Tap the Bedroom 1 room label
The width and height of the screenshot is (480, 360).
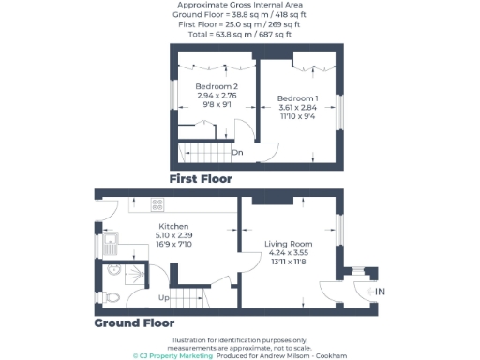(x=298, y=98)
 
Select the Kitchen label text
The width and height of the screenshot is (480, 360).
(x=173, y=227)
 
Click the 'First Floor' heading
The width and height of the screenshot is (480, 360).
(x=200, y=178)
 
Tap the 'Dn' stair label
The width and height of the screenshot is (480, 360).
(x=239, y=151)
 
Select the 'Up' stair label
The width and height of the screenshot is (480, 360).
(x=163, y=298)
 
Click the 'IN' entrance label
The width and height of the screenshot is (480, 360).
(x=381, y=292)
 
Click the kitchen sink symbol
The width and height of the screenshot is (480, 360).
(x=111, y=247)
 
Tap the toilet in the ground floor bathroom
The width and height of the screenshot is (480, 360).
(x=112, y=296)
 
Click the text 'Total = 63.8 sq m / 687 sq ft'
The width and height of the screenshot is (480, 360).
(x=239, y=34)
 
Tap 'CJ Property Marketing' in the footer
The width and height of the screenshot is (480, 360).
(x=175, y=356)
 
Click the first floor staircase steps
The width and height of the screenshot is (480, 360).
(x=202, y=150)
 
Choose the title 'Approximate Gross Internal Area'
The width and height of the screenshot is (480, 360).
(x=239, y=6)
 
